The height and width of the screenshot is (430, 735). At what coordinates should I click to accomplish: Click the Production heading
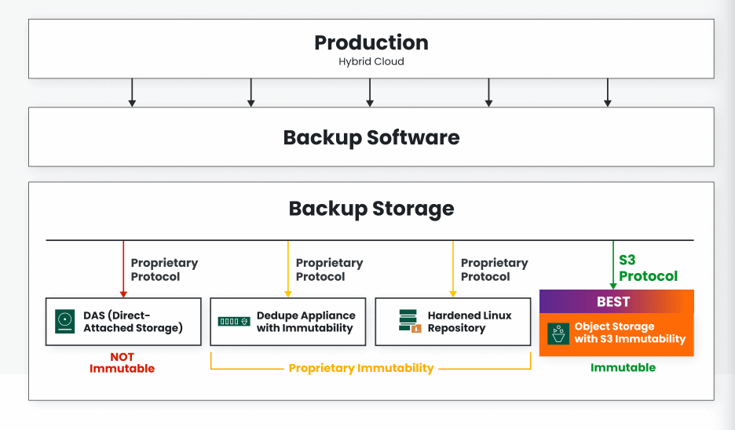371,42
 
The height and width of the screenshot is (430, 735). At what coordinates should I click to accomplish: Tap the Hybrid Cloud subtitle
371,61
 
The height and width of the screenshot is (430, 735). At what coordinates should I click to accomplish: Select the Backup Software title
371,137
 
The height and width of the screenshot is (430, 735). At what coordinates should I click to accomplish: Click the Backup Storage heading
371,209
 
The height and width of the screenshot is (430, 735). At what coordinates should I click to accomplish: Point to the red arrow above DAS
123,268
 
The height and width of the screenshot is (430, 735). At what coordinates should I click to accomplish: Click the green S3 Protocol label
648,268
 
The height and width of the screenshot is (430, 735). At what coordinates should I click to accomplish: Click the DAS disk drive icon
64,321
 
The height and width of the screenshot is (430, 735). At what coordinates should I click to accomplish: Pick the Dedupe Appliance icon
233,322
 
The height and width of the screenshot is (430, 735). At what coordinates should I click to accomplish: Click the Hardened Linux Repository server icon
408,321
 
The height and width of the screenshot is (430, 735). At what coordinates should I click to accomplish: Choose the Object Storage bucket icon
558,333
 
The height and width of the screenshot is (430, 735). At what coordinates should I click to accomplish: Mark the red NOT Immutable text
122,363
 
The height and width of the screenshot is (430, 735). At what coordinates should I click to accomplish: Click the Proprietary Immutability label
361,368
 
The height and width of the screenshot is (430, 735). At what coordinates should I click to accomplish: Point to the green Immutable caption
623,367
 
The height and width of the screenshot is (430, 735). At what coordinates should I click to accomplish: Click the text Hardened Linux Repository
469,322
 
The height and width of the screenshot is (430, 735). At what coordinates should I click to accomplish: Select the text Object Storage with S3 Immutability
630,333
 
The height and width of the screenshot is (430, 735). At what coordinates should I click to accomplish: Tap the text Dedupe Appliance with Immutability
305,322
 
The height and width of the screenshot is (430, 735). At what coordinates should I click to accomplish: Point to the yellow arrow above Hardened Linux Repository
453,268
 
